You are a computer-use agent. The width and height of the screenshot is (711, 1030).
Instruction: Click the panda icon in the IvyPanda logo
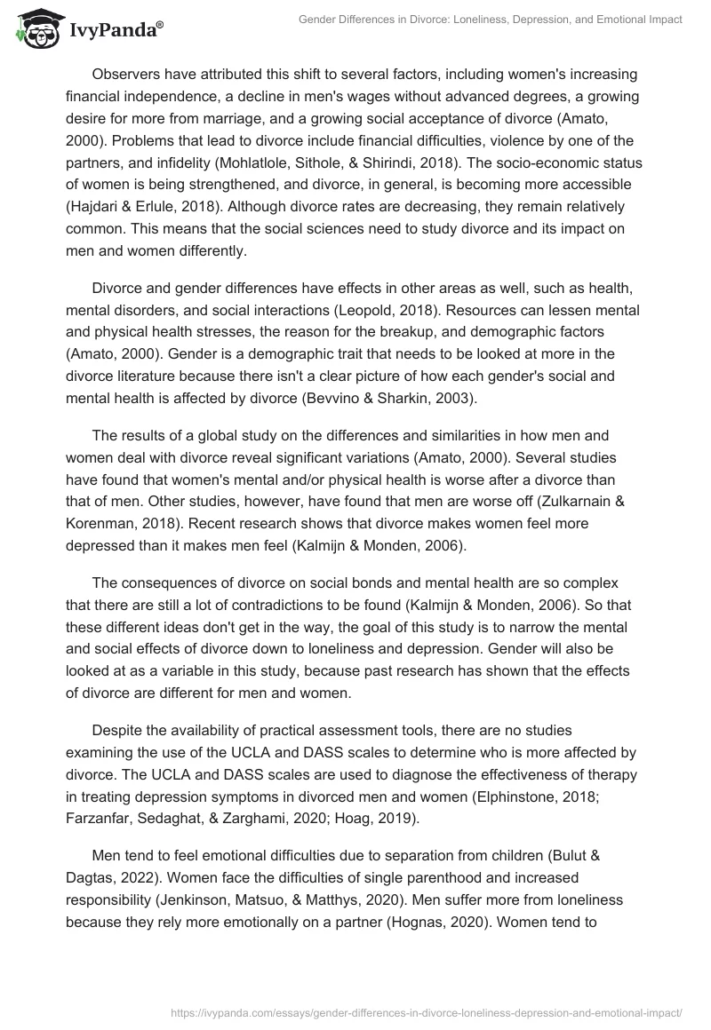[x=35, y=29]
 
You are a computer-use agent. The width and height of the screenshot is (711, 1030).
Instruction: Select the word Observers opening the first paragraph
[x=130, y=74]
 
